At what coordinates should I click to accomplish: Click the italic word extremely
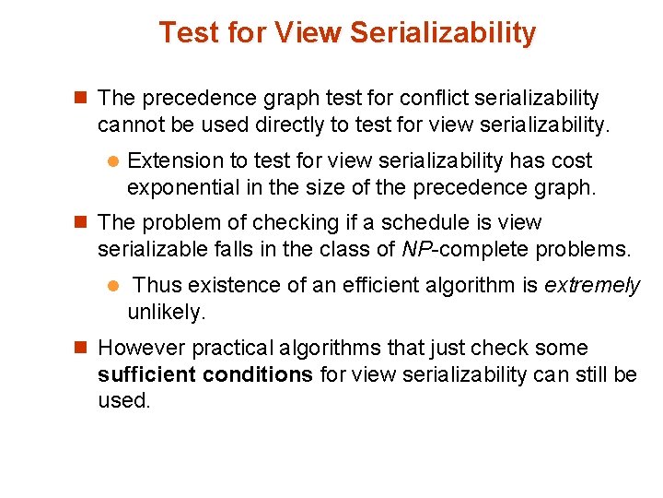click(591, 286)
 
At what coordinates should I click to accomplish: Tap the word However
click(139, 349)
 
